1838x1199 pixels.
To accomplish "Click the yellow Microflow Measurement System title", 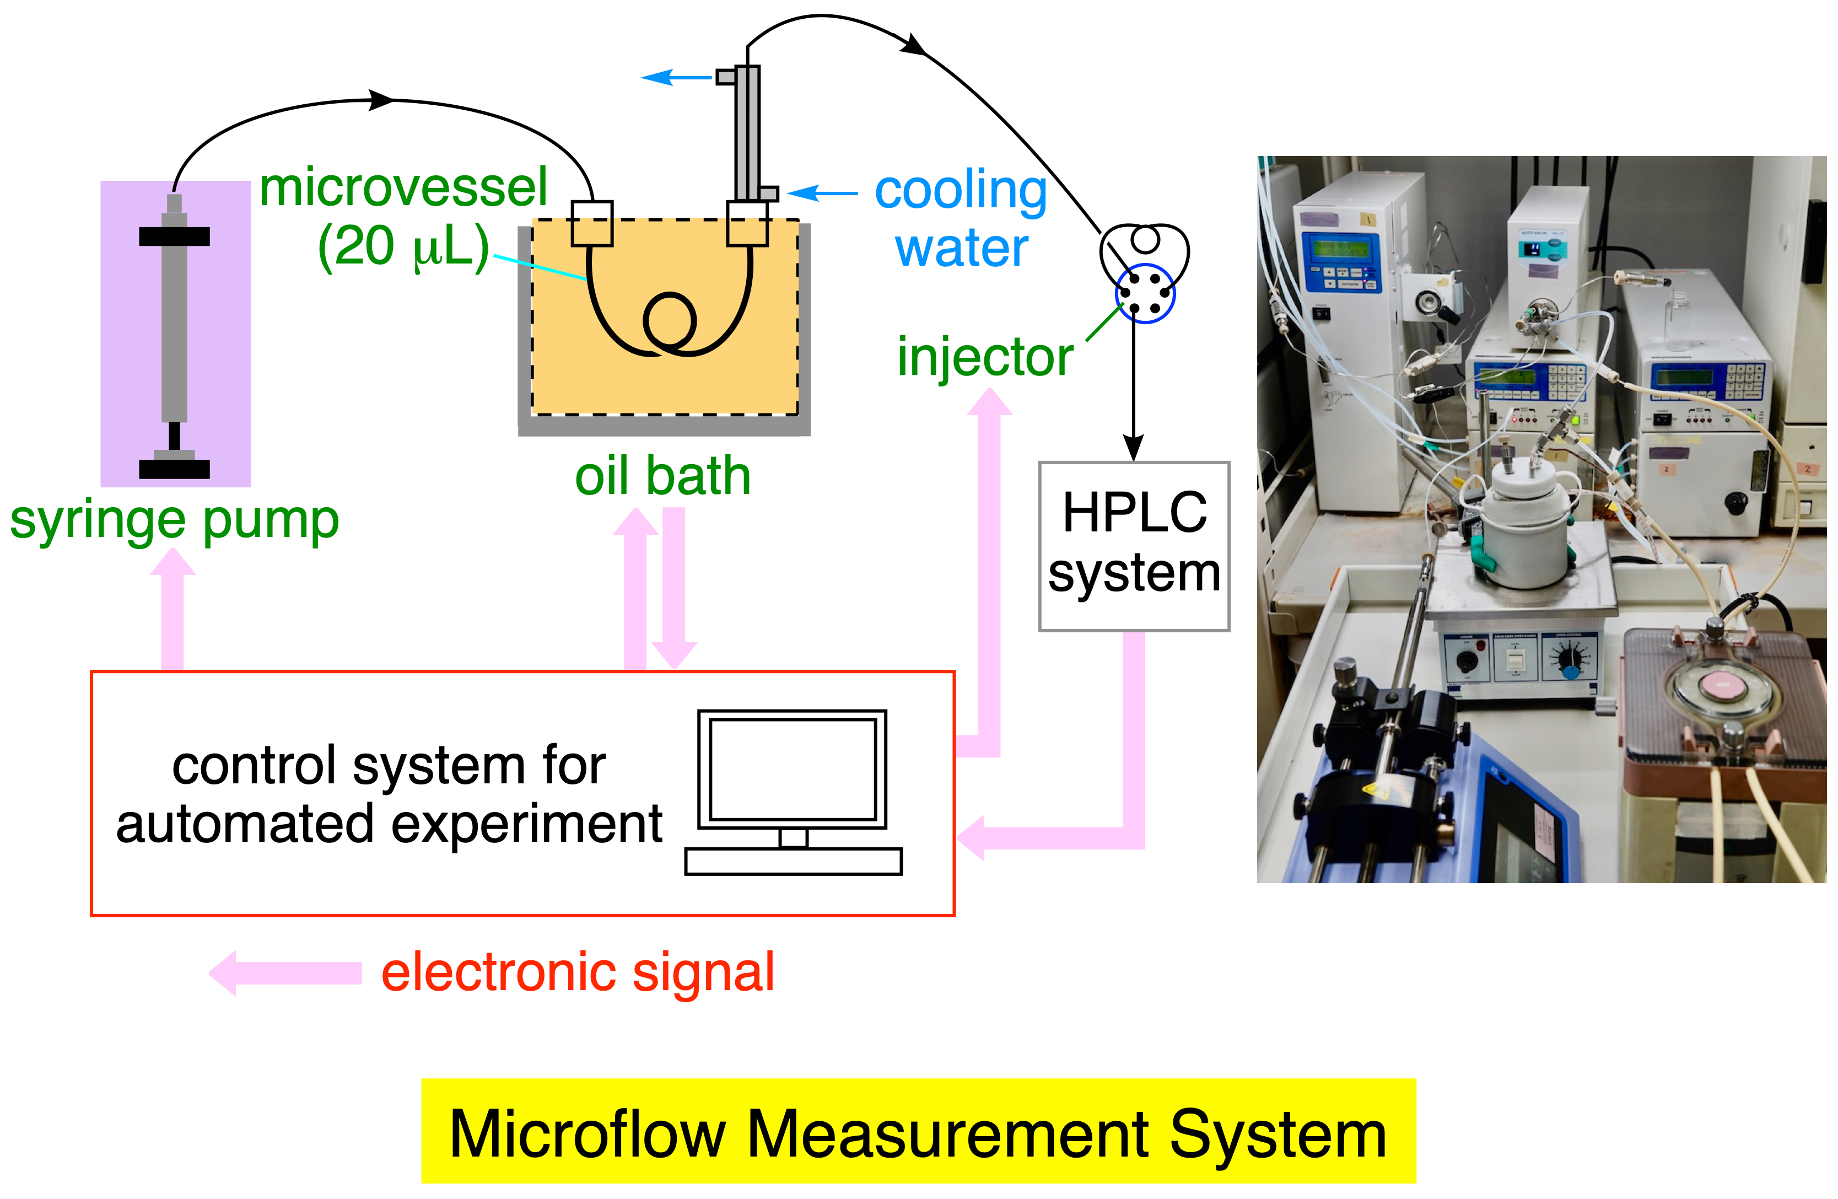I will coord(918,1132).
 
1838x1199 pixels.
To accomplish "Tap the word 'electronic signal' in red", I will coord(578,972).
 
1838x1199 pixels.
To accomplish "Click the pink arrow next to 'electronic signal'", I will coord(285,974).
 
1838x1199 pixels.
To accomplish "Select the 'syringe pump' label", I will coord(175,520).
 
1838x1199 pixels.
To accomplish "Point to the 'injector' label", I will coord(985,357).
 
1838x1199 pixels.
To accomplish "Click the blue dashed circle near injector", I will coord(1145,294).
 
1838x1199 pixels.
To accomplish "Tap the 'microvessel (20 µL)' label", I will coord(404,218).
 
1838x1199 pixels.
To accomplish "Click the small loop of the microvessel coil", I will coord(670,321).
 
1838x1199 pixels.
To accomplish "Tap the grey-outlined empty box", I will coord(1134,546).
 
